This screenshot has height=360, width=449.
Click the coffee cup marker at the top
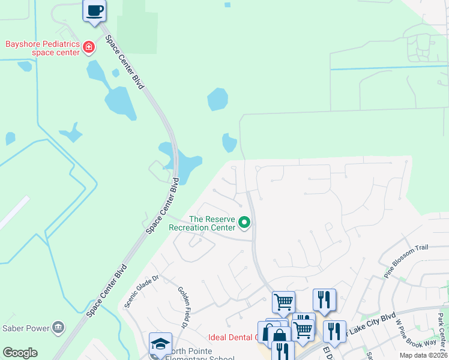tap(94, 11)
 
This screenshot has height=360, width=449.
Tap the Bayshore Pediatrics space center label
tap(43, 48)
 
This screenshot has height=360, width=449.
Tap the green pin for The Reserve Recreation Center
tap(244, 223)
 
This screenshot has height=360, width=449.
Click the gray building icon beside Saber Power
tap(58, 327)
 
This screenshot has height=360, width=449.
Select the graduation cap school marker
tap(160, 344)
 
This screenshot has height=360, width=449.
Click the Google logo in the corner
tap(20, 353)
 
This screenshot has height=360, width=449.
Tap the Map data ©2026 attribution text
tap(423, 355)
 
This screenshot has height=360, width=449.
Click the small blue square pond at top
tap(228, 5)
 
